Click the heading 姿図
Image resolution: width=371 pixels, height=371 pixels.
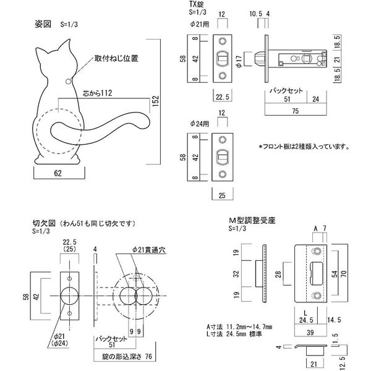click(44, 25)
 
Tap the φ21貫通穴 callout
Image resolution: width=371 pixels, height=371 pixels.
click(148, 250)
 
